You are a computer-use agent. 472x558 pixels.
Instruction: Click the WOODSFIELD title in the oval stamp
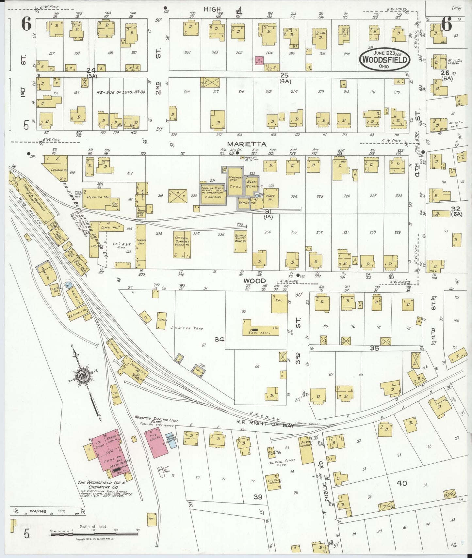click(385, 60)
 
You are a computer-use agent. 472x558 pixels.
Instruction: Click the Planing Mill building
click(97, 198)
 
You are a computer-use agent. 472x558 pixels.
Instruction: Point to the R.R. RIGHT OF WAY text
click(265, 423)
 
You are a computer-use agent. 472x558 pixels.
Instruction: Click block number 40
click(402, 483)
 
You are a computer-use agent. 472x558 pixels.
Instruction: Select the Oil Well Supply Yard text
click(281, 462)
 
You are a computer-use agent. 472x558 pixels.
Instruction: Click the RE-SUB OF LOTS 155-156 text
click(121, 92)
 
